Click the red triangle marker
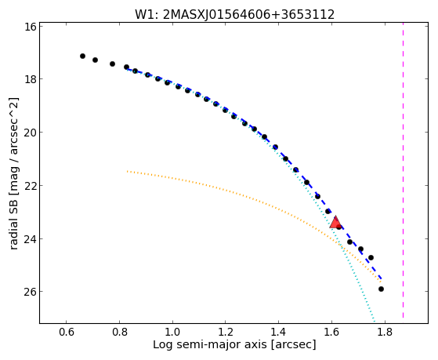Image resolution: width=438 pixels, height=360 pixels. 335,222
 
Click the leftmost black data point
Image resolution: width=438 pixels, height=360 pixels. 82,56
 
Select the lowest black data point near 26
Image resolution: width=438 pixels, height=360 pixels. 381,289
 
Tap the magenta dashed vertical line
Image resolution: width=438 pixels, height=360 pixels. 403,170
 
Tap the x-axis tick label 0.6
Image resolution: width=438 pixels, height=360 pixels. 66,333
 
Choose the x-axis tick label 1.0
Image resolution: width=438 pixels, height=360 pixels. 172,333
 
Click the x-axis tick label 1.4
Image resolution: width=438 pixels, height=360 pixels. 278,333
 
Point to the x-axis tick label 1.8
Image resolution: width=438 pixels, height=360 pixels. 385,333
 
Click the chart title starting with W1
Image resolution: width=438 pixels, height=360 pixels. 234,15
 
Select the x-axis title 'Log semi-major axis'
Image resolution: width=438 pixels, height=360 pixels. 209,345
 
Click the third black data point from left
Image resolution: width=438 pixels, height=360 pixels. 112,64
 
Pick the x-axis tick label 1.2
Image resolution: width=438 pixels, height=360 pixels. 226,333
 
